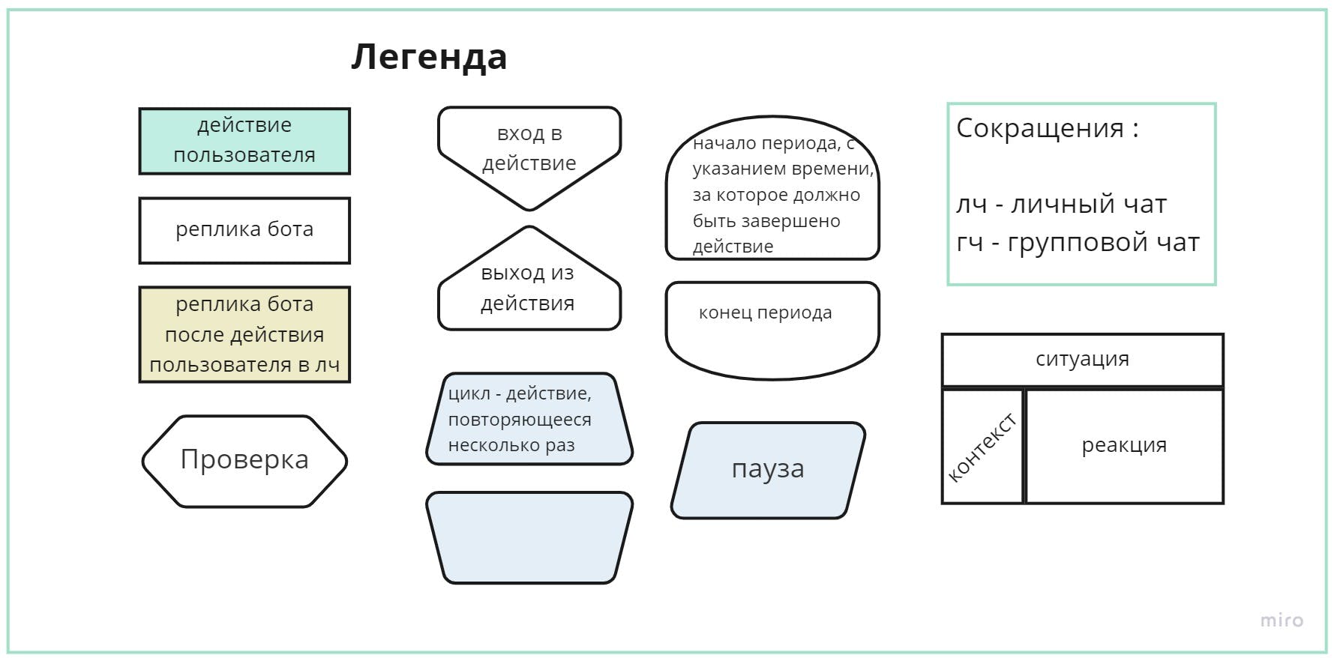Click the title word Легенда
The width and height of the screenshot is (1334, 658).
[429, 57]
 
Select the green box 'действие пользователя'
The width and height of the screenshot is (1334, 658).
[244, 141]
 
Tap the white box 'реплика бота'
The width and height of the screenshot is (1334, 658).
[244, 230]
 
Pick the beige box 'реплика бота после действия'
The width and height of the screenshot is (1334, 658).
[244, 334]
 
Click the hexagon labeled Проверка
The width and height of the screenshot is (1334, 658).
[244, 460]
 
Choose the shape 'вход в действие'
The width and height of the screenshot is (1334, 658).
[529, 150]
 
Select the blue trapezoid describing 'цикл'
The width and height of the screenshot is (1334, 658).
[529, 419]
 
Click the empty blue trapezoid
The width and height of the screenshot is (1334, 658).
[529, 537]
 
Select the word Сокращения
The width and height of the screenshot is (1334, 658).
[1039, 128]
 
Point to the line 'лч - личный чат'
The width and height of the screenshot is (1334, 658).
[1061, 204]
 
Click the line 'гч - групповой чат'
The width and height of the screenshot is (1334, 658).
[1078, 243]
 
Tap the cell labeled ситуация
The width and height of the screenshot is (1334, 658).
[1082, 360]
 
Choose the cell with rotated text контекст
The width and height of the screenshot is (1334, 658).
[982, 447]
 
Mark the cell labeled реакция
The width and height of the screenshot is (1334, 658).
[1124, 446]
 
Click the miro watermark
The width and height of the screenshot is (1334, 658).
[1281, 620]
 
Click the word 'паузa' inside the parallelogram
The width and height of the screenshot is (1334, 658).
[768, 469]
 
